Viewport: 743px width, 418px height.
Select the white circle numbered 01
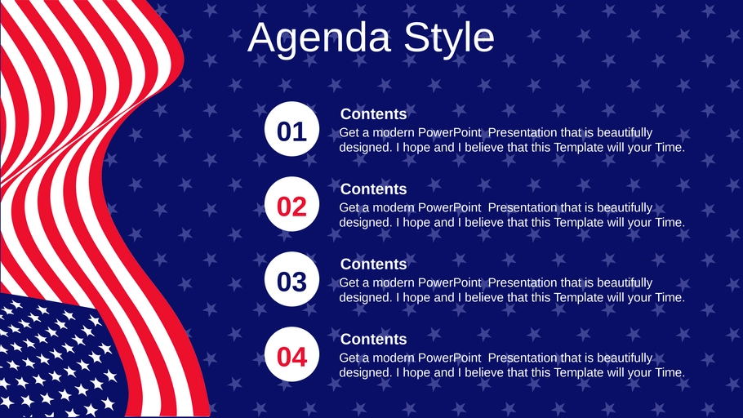click(x=292, y=129)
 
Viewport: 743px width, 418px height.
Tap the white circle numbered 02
click(x=292, y=204)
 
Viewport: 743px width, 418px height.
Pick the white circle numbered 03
click(x=292, y=279)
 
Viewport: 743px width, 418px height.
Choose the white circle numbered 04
click(x=292, y=354)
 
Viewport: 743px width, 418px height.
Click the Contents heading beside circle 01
click(x=373, y=114)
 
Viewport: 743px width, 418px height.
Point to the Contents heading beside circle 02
click(x=373, y=189)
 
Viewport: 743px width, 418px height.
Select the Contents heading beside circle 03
click(x=373, y=264)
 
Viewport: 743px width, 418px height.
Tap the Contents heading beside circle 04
click(x=373, y=340)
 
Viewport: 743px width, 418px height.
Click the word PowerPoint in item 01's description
click(x=449, y=133)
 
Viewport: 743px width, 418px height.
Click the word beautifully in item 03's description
click(x=625, y=283)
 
